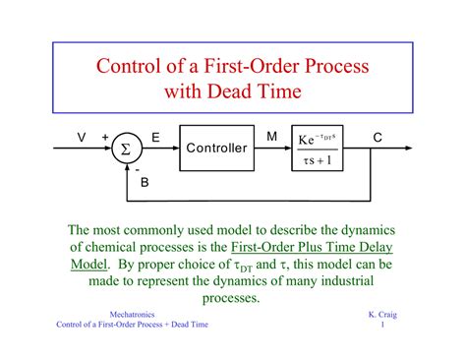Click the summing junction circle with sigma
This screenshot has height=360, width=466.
pyautogui.click(x=125, y=149)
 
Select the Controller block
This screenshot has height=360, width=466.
pyautogui.click(x=216, y=148)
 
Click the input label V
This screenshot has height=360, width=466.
pyautogui.click(x=81, y=137)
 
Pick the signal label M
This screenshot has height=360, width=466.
pyautogui.click(x=270, y=137)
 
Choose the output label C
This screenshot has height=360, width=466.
pyautogui.click(x=378, y=137)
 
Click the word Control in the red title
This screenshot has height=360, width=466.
pyautogui.click(x=131, y=69)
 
